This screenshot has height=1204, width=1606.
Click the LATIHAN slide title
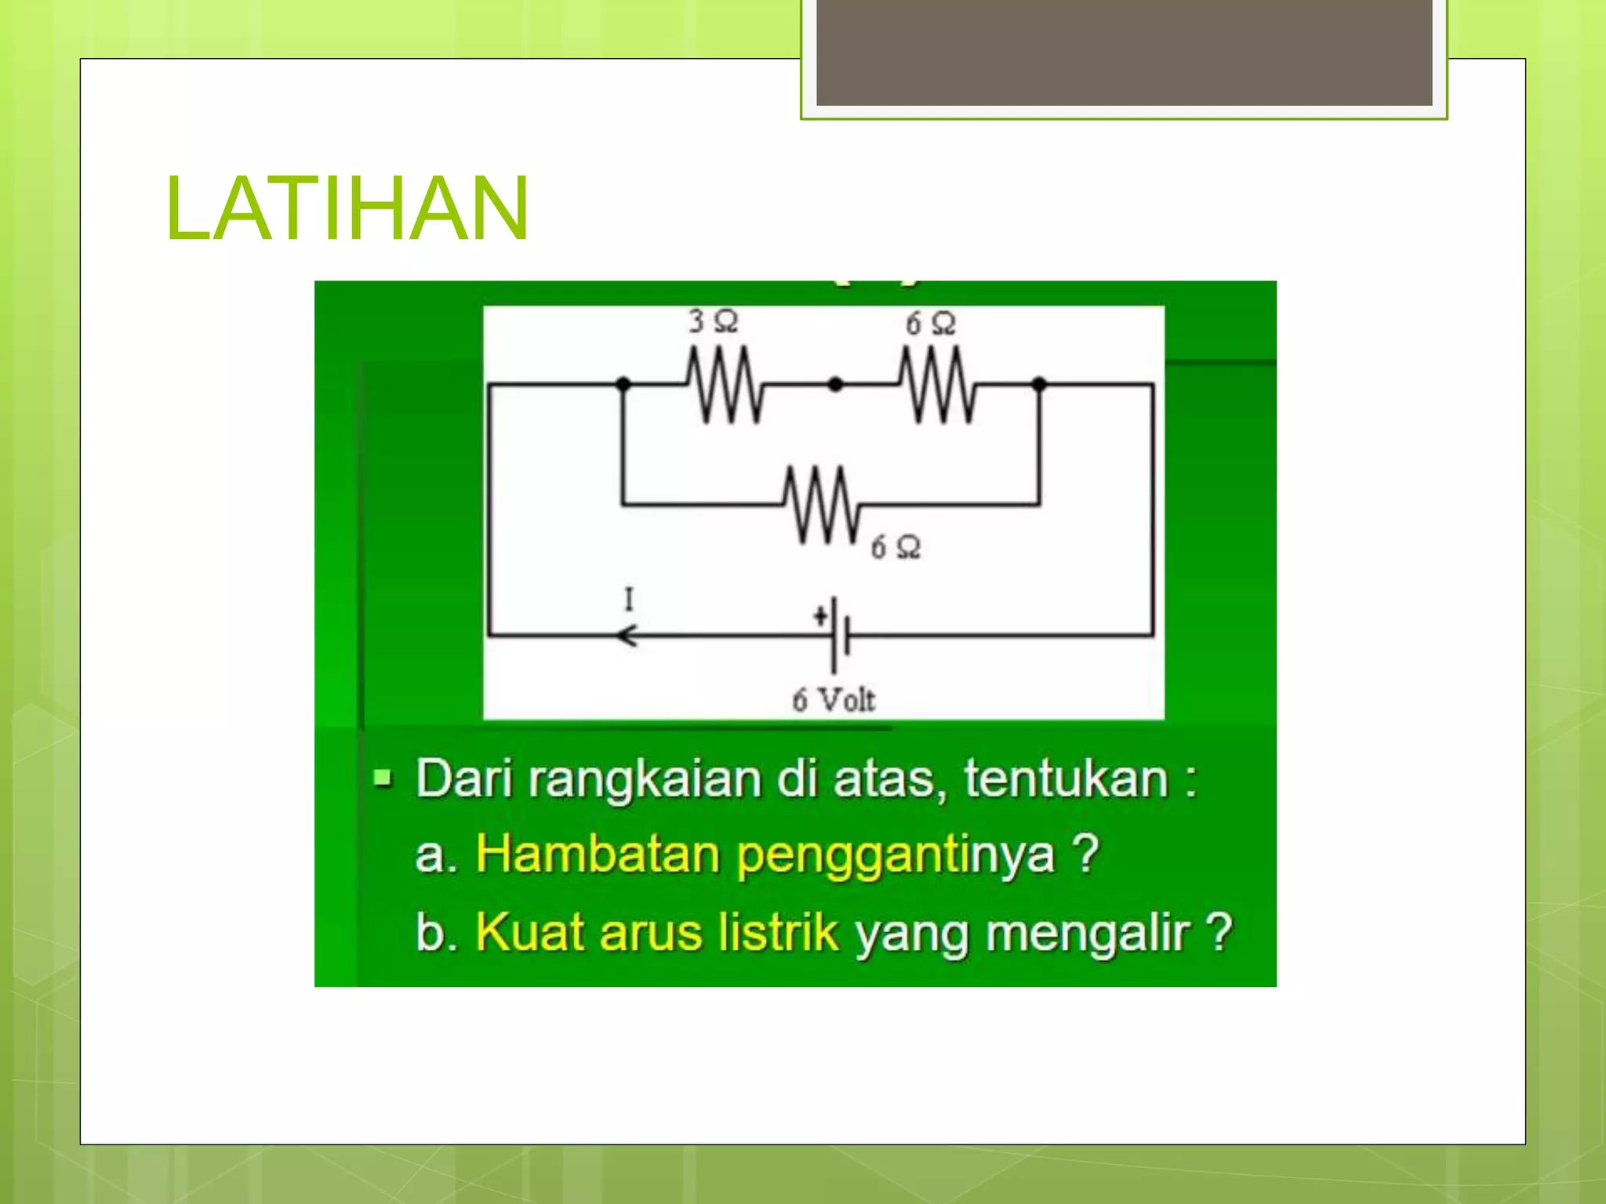[347, 209]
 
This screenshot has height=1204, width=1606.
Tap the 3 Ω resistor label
[713, 321]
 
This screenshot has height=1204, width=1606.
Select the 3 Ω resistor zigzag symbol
[725, 385]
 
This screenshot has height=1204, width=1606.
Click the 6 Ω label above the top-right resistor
[930, 324]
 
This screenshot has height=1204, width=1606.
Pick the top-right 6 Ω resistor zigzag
[936, 385]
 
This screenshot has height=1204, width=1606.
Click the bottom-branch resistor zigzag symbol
[822, 504]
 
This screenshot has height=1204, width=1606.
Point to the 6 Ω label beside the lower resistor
[896, 547]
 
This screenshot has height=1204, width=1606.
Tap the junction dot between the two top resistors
[835, 384]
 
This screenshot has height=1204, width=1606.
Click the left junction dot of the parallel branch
[623, 384]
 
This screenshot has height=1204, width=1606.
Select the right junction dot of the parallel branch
[1039, 384]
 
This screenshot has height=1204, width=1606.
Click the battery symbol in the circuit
[840, 634]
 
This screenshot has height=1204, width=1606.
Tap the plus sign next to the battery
[820, 616]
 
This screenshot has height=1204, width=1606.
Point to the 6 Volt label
[833, 699]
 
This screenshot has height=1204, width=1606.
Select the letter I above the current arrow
[628, 600]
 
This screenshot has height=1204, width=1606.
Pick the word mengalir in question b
[1088, 934]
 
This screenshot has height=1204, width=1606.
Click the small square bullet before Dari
[383, 778]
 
